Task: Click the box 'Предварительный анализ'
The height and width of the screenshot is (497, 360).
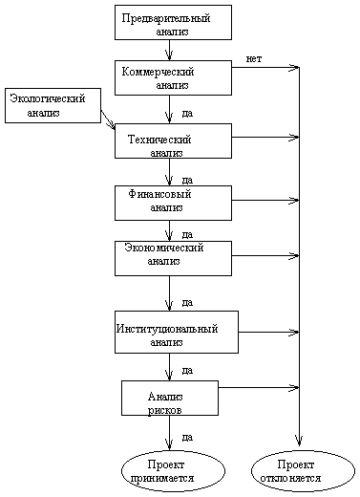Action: coord(173,23)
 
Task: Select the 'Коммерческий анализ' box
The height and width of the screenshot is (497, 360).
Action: coord(173,77)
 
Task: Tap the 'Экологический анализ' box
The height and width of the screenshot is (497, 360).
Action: coord(52,105)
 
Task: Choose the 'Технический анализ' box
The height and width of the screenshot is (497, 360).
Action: coord(173,140)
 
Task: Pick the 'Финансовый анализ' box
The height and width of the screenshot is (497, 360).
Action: coord(173,202)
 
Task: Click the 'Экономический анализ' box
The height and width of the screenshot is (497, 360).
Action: coord(173,257)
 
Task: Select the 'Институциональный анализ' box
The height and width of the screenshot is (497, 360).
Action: coord(176,332)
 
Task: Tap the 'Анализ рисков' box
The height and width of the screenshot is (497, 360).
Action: coord(169,398)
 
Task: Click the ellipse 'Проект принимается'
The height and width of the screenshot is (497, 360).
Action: coord(173,469)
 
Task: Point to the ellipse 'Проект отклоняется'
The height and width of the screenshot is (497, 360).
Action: coord(302,469)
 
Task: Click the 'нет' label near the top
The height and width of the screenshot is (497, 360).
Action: coord(253,58)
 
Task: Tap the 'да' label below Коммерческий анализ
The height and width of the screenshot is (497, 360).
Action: coord(187,113)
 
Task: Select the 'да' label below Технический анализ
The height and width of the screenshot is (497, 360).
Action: coord(187,178)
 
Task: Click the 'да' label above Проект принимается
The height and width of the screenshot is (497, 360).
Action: coord(187,437)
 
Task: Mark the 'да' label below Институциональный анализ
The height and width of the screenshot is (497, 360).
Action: coord(187,369)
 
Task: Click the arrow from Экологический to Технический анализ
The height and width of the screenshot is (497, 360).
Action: coord(108,122)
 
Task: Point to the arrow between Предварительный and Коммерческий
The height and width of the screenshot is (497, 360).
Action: coord(170,51)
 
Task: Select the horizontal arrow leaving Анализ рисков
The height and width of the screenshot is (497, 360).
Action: coord(258,387)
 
